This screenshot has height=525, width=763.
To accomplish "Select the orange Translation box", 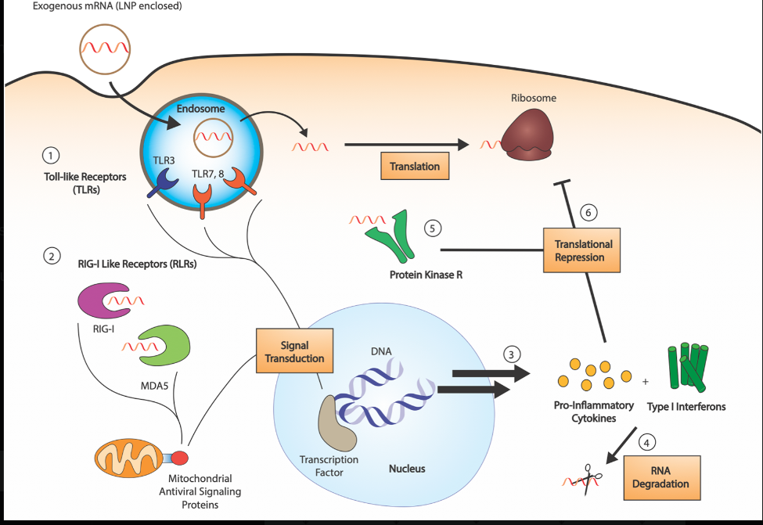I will tap(414, 166).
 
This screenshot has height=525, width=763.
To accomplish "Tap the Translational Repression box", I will tap(582, 250).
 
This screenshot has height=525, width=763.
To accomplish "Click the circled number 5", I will tap(433, 228).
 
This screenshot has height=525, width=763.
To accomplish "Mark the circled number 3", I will tap(511, 353).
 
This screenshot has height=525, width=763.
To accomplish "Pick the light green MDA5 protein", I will tap(164, 344).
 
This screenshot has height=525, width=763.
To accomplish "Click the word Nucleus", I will tap(407, 469).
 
